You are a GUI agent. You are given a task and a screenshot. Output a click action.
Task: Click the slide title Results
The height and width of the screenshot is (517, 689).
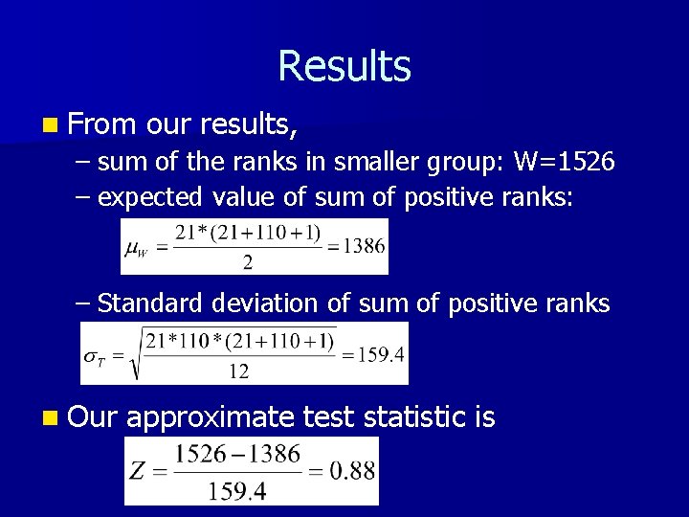coord(344,67)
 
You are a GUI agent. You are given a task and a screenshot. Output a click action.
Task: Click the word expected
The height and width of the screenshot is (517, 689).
coord(150,198)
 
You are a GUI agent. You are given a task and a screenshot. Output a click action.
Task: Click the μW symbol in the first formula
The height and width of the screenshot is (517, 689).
coord(137,247)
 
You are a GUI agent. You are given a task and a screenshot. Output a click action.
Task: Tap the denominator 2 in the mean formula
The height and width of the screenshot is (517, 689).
coord(247,261)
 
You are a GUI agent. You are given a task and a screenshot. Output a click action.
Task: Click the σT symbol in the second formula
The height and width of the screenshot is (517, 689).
coord(94,355)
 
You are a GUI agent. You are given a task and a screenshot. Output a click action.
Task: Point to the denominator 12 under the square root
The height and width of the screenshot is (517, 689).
coord(239,371)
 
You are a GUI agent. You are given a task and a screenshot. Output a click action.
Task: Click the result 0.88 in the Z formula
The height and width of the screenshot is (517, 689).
coord(353,470)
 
